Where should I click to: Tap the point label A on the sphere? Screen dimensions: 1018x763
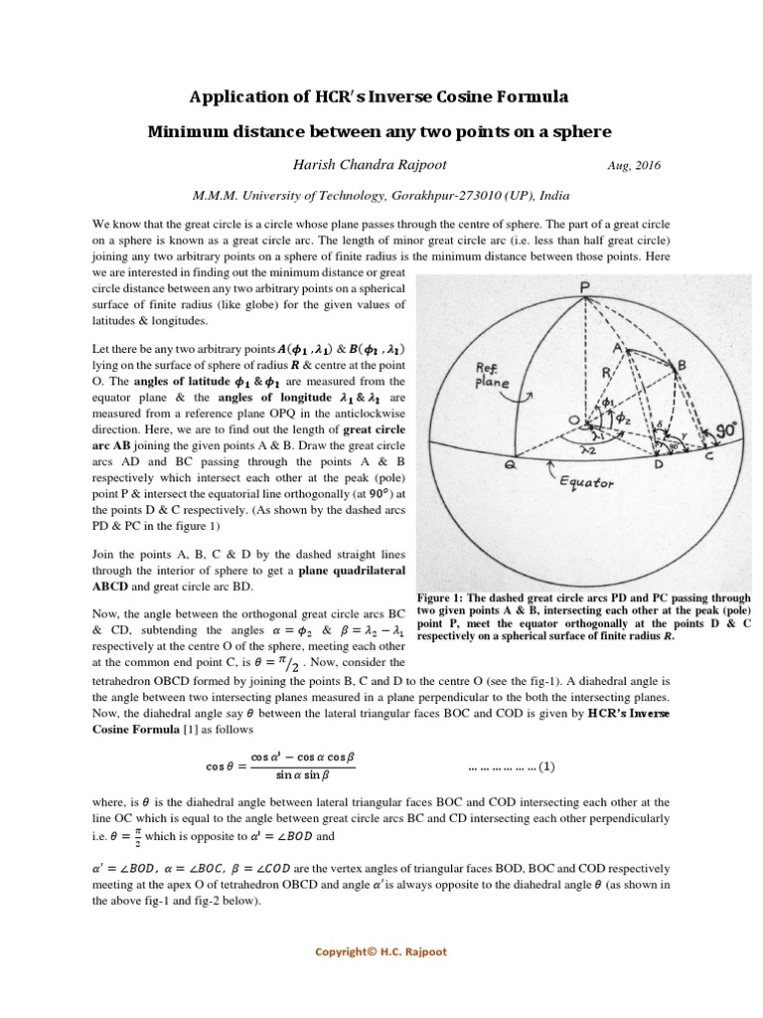coord(617,348)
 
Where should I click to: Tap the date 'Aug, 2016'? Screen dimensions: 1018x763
coord(631,166)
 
